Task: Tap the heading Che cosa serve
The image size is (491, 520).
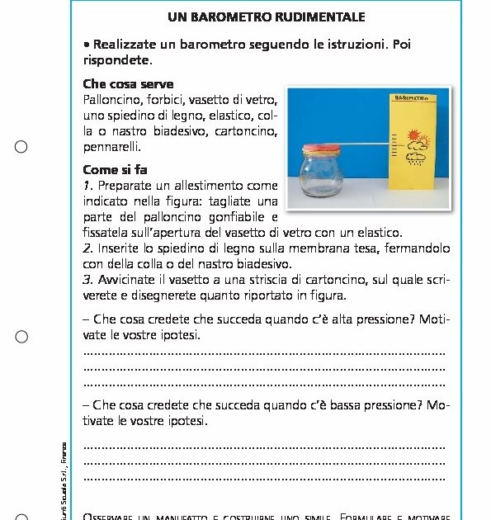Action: point(128,84)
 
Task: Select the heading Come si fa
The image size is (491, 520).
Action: point(116,170)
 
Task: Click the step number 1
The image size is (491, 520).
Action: point(87,185)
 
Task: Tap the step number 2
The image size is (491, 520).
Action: point(87,248)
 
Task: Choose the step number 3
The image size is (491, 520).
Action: point(87,279)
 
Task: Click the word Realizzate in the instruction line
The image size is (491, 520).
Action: point(128,45)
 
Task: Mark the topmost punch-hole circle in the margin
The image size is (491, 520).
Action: point(21,147)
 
